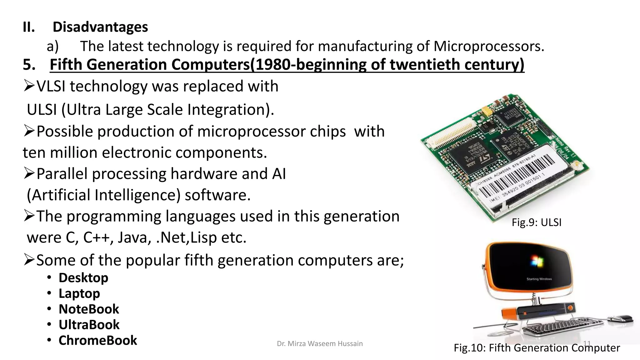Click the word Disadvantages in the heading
point(100,27)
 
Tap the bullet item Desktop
point(83,278)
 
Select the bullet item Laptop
point(79,293)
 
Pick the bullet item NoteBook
point(89,309)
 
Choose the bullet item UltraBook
point(89,325)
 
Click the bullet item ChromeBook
point(97,340)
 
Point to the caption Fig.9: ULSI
point(536,222)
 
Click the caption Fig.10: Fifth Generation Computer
point(537,348)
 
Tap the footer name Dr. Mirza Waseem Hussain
point(320,344)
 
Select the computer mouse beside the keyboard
point(620,319)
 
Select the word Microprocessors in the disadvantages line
point(489,46)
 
